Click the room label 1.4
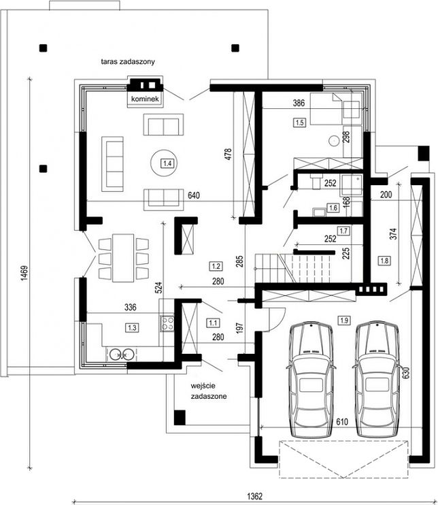(167, 163)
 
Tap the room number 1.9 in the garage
(344, 320)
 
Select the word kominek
(145, 99)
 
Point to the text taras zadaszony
(128, 61)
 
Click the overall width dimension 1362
(254, 496)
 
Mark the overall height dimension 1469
(24, 273)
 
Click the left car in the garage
(311, 379)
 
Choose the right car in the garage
(377, 379)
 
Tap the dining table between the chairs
(123, 258)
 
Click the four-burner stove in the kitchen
(167, 323)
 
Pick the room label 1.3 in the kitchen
(132, 328)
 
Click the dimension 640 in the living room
(194, 195)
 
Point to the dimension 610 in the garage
(342, 421)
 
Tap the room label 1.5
(300, 123)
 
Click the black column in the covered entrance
(180, 417)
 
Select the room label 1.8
(384, 261)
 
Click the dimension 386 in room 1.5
(299, 103)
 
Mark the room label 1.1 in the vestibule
(213, 323)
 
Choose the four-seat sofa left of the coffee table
(113, 164)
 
